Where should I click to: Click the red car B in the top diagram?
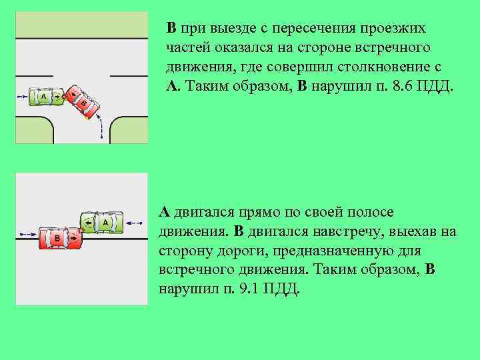84,101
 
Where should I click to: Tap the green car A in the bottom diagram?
103,222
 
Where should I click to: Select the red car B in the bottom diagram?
61,237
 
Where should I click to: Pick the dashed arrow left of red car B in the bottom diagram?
27,235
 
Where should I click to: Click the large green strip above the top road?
81,25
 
